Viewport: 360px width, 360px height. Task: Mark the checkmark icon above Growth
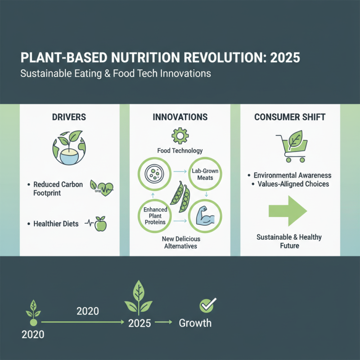(207, 306)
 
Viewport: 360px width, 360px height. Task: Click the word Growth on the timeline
(195, 323)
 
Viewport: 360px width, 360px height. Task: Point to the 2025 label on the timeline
(139, 324)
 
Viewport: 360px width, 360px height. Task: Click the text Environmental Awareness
(292, 175)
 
